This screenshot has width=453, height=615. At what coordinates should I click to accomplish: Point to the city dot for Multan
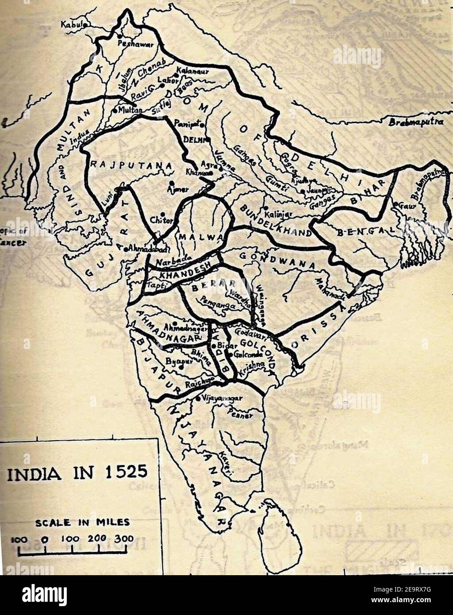coord(115,109)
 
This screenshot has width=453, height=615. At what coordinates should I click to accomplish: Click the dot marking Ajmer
coord(171,182)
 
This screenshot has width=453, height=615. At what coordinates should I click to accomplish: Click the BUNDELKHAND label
coord(274,220)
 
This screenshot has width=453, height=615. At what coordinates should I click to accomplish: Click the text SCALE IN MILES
coord(82,522)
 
